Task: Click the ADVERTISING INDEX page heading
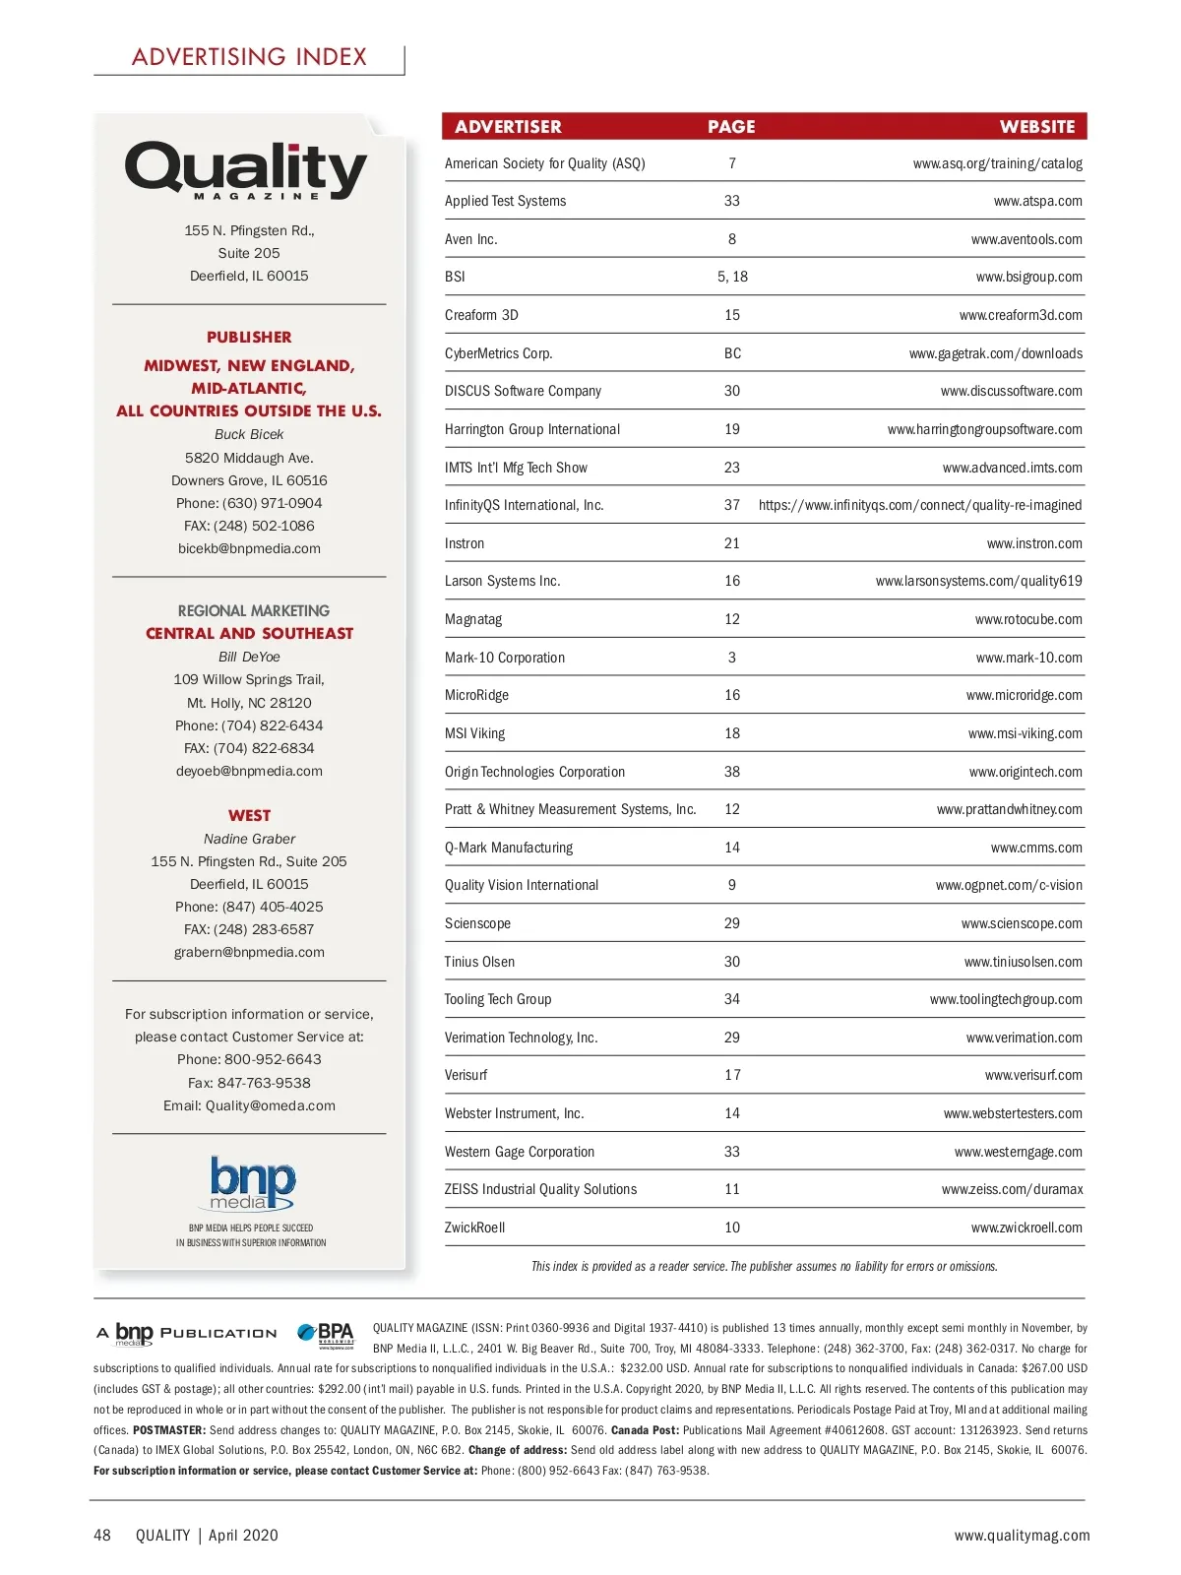pyautogui.click(x=249, y=57)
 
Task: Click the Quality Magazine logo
pyautogui.click(x=246, y=170)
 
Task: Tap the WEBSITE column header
pyautogui.click(x=1037, y=127)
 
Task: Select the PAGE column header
pyautogui.click(x=731, y=127)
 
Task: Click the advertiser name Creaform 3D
pyautogui.click(x=481, y=315)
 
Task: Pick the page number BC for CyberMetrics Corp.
pyautogui.click(x=732, y=353)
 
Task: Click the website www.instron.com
pyautogui.click(x=1034, y=543)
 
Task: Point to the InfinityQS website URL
pyautogui.click(x=920, y=505)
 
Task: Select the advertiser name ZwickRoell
pyautogui.click(x=474, y=1228)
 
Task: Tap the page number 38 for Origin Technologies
pyautogui.click(x=732, y=772)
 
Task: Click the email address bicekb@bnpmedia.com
pyautogui.click(x=249, y=548)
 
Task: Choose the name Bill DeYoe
pyautogui.click(x=249, y=657)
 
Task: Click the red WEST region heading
pyautogui.click(x=249, y=815)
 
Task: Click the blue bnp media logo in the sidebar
pyautogui.click(x=252, y=1182)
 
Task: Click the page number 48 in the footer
pyautogui.click(x=102, y=1535)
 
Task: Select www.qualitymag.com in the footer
pyautogui.click(x=1022, y=1535)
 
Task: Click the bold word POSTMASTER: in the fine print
pyautogui.click(x=169, y=1430)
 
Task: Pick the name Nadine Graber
pyautogui.click(x=249, y=839)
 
